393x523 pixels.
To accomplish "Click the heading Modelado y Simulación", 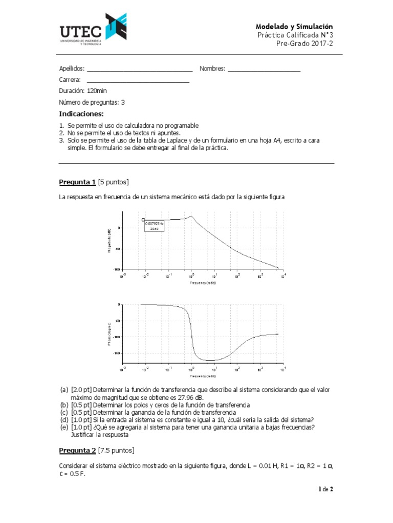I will coord(294,26).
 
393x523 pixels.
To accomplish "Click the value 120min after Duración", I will coord(97,91).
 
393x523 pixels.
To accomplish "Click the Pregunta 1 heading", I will coord(77,182).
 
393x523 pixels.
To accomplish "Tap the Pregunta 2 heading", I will coord(77,450).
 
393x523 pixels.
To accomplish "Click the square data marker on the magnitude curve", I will coord(143,220).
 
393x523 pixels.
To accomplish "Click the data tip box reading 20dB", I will coord(154,226).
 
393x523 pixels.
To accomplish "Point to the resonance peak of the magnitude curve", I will coord(191,216).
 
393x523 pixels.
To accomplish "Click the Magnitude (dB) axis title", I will coord(109,240).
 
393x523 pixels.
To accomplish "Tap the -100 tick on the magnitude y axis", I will coord(117,269).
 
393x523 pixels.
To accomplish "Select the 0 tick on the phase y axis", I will coord(119,304).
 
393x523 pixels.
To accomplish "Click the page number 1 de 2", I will coord(325,489).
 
